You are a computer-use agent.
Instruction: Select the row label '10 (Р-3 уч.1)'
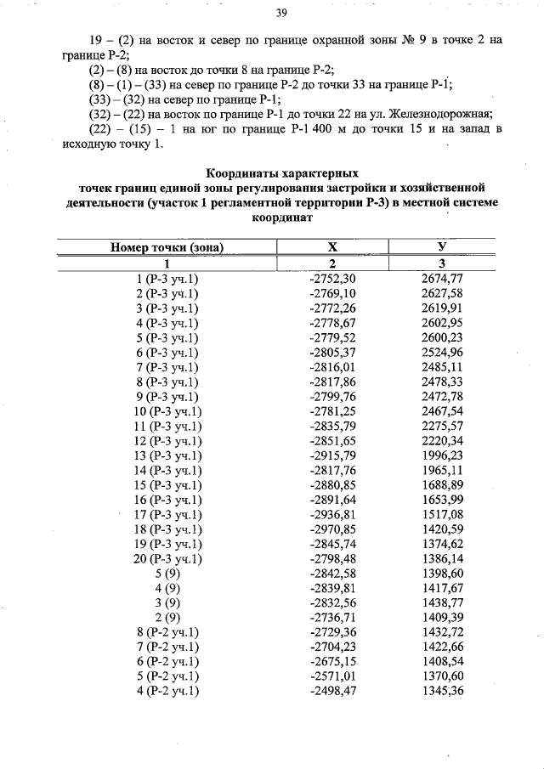(167, 411)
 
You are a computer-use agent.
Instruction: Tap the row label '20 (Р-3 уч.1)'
(167, 558)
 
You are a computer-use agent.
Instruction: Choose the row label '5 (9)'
(167, 574)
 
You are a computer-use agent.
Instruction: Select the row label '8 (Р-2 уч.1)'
(167, 632)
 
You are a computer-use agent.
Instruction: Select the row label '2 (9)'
(167, 617)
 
